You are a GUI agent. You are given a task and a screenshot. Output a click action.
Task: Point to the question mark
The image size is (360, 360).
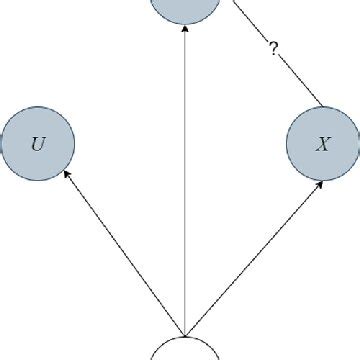[272, 47]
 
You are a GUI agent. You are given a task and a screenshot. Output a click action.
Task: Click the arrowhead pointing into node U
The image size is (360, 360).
[66, 174]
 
